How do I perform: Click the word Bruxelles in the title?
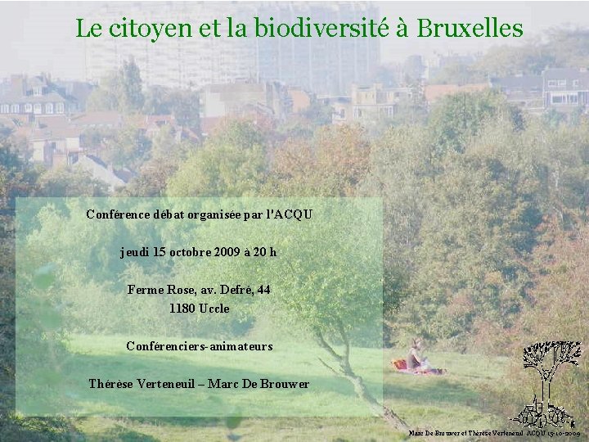pos(470,29)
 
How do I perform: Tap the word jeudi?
pos(136,252)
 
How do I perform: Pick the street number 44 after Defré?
pos(263,290)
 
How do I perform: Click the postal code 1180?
pos(182,309)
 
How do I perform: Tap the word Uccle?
pos(214,309)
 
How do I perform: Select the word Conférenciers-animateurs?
pos(200,346)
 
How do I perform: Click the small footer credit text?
pos(494,432)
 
